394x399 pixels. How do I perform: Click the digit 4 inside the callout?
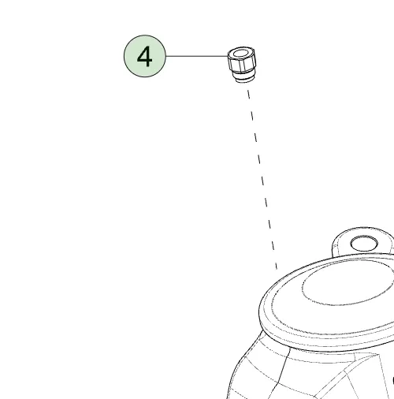tap(145, 57)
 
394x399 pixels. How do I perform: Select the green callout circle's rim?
tap(145, 35)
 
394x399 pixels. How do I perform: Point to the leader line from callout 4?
tap(197, 56)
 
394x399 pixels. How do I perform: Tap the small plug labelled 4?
tap(242, 65)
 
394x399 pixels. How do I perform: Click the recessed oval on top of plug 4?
tap(241, 54)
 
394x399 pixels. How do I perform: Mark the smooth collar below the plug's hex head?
tap(243, 74)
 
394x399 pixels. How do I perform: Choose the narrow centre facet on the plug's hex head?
tap(243, 65)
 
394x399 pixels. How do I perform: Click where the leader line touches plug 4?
tap(228, 56)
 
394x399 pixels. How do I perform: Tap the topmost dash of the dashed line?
tap(249, 94)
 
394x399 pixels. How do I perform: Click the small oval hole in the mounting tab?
tap(364, 244)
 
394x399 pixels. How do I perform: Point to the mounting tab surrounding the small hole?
tap(339, 243)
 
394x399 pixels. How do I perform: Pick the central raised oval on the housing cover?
tap(347, 284)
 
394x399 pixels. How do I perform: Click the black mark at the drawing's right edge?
tap(393, 381)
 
